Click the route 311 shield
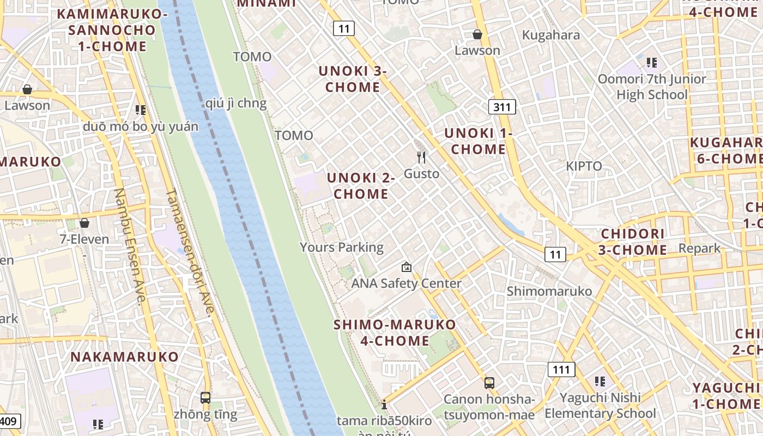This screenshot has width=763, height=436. pyautogui.click(x=501, y=107)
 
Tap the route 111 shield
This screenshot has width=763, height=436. pyautogui.click(x=561, y=370)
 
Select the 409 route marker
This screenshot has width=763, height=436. pyautogui.click(x=10, y=421)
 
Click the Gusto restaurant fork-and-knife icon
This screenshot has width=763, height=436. pyautogui.click(x=421, y=158)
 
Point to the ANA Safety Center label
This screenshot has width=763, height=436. pyautogui.click(x=406, y=283)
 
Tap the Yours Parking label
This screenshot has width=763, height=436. pyautogui.click(x=342, y=247)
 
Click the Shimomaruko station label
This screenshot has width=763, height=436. pyautogui.click(x=549, y=291)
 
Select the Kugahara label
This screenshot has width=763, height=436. pyautogui.click(x=551, y=35)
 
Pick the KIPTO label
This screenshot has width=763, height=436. pyautogui.click(x=584, y=166)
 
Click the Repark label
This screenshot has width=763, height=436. pyautogui.click(x=699, y=249)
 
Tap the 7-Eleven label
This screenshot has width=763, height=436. pyautogui.click(x=84, y=239)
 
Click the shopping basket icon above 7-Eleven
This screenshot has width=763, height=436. pyautogui.click(x=84, y=223)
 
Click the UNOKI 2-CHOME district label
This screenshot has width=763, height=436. pyautogui.click(x=361, y=186)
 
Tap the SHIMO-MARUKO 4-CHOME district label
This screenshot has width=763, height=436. pyautogui.click(x=395, y=332)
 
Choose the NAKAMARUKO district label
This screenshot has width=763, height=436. pyautogui.click(x=124, y=357)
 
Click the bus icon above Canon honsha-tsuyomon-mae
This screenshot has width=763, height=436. pyautogui.click(x=489, y=383)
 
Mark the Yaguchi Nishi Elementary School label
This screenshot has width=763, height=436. pyautogui.click(x=600, y=405)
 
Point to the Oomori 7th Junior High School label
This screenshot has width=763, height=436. pyautogui.click(x=652, y=87)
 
